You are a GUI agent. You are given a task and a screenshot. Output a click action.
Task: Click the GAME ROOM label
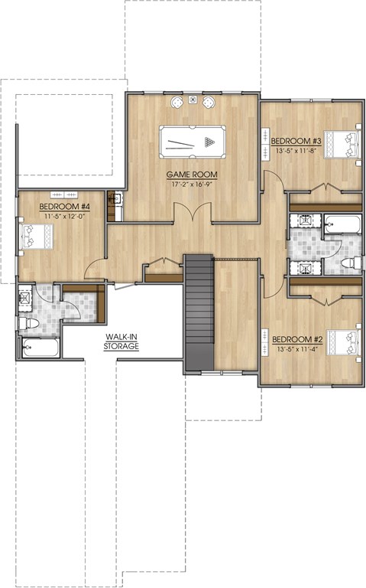192,175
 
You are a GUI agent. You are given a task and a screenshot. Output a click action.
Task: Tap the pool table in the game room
193,142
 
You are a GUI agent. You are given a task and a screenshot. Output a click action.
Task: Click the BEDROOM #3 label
296,141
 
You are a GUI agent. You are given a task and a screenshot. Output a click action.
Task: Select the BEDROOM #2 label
297,339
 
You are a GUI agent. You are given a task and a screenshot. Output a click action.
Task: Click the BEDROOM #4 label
65,206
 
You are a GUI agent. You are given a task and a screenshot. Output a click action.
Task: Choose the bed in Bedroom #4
36,237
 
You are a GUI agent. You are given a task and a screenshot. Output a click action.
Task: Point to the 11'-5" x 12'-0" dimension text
65,216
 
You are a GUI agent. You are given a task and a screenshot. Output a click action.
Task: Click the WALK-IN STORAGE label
121,341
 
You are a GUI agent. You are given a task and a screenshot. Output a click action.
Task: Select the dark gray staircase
199,312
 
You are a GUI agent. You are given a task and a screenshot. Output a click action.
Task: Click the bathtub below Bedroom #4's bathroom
40,348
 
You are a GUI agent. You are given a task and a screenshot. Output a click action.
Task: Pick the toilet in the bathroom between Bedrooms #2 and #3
351,263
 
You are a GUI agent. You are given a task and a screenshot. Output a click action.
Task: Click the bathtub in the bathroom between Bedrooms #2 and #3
343,224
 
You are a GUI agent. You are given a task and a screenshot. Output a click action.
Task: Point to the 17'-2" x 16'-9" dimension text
192,184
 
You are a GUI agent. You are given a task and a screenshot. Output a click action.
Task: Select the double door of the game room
193,213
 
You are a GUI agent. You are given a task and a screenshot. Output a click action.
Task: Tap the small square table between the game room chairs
193,100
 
